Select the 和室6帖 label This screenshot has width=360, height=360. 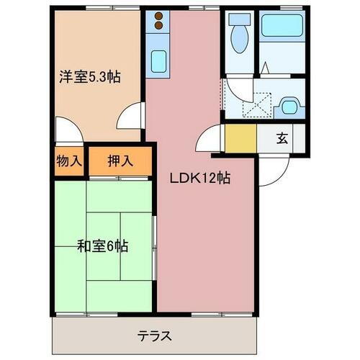tap(103, 246)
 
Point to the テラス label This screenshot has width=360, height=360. tap(154, 336)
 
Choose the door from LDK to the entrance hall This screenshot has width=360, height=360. tap(207, 138)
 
